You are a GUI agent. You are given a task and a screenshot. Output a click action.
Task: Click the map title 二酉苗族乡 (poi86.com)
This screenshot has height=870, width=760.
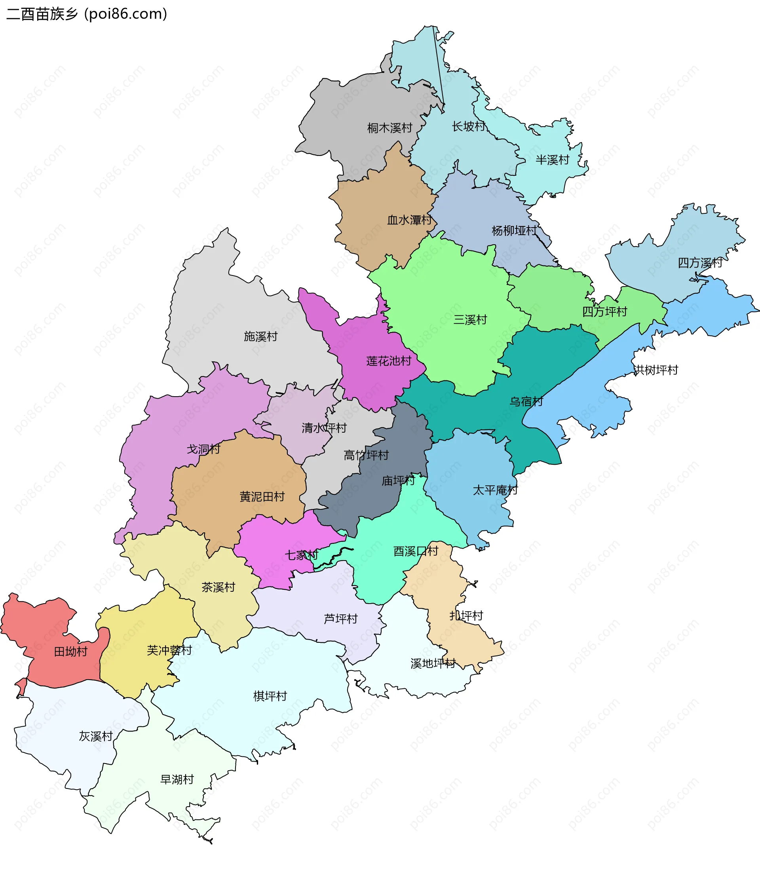[x=87, y=14]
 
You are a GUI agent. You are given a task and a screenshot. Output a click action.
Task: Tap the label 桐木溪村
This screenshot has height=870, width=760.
[x=389, y=127]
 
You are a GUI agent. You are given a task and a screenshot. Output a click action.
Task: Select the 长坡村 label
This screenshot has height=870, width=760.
[x=468, y=126]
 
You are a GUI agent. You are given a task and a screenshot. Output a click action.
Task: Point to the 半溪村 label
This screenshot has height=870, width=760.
[x=552, y=160]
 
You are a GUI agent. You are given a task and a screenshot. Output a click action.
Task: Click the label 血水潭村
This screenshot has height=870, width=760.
[x=409, y=220]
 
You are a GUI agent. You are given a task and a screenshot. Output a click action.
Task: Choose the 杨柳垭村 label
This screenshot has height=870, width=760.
[x=514, y=230]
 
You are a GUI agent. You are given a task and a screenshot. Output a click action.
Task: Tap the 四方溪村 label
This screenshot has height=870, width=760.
[x=700, y=263]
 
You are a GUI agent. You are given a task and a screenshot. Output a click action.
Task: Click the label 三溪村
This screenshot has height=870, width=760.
[x=470, y=320]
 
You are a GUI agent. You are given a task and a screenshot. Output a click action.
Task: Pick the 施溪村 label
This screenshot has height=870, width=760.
[x=260, y=336]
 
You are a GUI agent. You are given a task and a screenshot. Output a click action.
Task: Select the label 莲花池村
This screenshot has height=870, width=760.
[x=388, y=361]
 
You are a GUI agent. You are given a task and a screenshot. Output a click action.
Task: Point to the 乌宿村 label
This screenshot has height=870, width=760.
[x=526, y=401]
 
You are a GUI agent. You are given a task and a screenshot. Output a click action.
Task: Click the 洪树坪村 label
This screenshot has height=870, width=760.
[x=655, y=370]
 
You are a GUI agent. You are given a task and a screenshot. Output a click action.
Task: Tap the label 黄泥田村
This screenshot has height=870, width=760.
[x=262, y=496]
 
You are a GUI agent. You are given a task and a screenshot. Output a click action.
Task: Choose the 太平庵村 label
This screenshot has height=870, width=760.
[x=495, y=490]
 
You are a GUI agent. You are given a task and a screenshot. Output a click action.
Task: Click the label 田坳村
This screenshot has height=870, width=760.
[x=70, y=652]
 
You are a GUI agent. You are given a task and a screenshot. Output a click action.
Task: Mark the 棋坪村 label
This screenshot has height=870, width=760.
[x=270, y=696]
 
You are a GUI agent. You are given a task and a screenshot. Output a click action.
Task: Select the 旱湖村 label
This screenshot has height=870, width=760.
[x=177, y=779]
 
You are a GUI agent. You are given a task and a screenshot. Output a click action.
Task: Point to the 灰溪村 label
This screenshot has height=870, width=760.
[x=95, y=736]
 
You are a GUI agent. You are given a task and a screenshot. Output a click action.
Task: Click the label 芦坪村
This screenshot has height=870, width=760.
[x=340, y=619]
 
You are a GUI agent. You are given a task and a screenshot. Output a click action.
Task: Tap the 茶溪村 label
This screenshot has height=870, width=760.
[x=218, y=587]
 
